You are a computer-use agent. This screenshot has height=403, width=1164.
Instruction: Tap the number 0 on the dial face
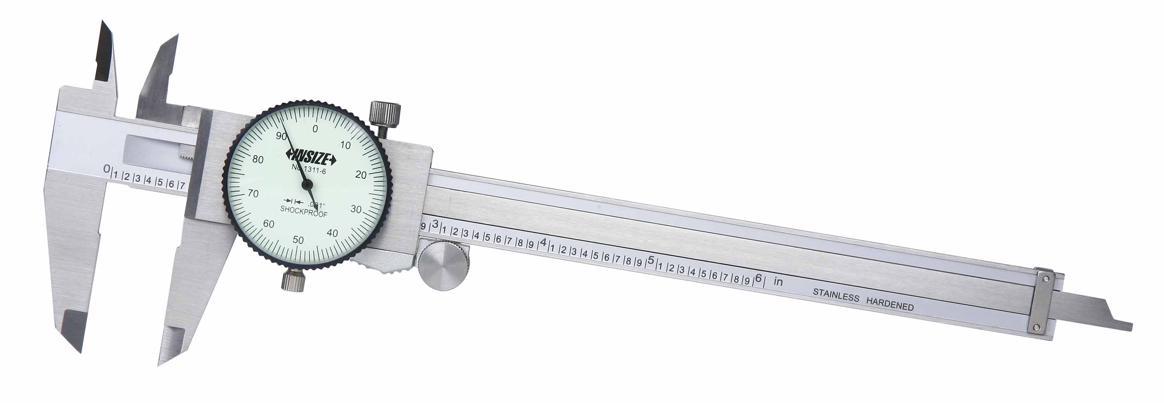click(x=315, y=129)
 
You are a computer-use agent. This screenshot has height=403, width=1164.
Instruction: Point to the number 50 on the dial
click(x=298, y=240)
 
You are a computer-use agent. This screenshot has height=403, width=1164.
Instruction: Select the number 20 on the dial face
click(x=360, y=175)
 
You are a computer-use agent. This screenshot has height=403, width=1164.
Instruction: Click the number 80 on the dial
click(x=258, y=159)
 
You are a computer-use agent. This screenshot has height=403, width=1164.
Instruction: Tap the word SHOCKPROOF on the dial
click(x=304, y=209)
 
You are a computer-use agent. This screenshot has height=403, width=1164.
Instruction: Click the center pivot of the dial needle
click(x=307, y=184)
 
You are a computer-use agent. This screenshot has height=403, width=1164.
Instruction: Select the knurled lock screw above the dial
click(x=385, y=114)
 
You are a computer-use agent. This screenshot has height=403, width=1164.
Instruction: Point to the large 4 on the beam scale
click(x=544, y=242)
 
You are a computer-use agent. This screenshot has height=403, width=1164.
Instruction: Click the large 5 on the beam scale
click(x=651, y=261)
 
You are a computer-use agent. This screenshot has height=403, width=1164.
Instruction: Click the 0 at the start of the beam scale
click(x=107, y=169)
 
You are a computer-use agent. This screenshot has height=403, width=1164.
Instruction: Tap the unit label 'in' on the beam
click(x=778, y=282)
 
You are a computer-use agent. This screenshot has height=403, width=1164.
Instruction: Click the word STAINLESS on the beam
click(x=836, y=296)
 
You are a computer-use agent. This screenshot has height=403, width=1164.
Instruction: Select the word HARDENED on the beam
click(x=890, y=304)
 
